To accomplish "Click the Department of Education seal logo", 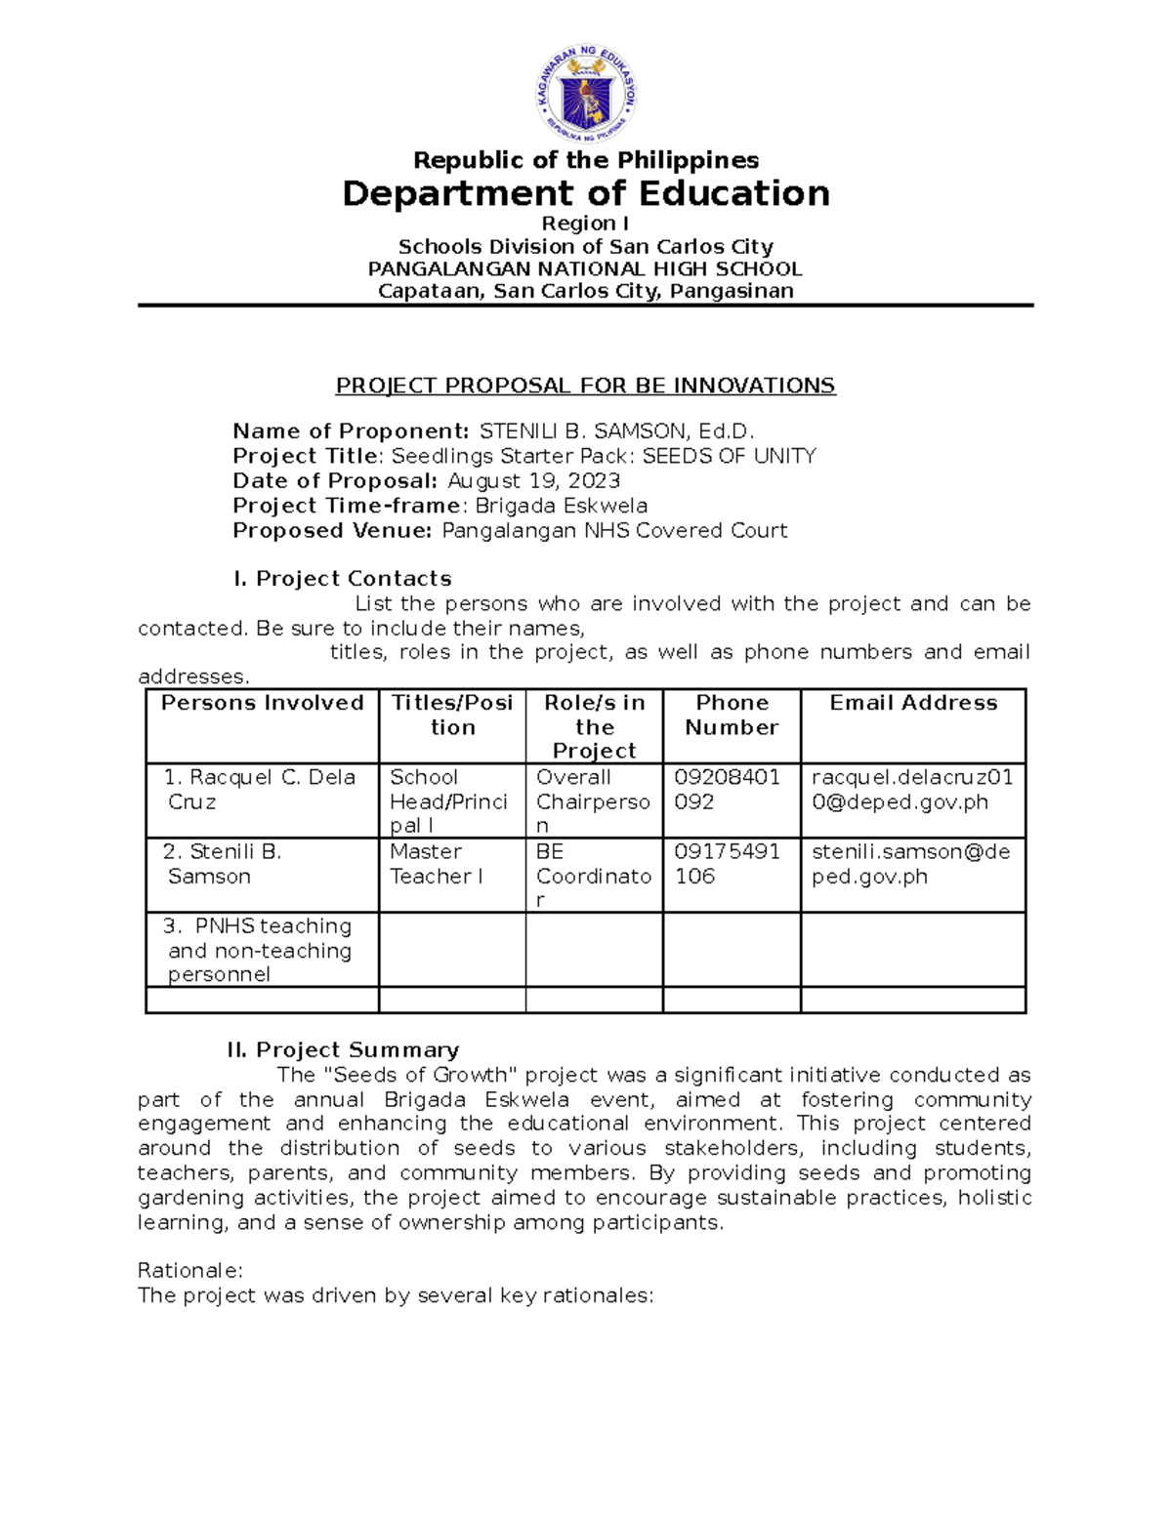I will point(586,94).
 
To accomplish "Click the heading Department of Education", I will point(586,193).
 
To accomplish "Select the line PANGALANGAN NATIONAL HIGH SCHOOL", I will point(585,268).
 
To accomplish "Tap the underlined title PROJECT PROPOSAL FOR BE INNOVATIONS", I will point(585,386).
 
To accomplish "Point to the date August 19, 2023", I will point(533,480).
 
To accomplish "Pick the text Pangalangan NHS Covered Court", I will point(614,530).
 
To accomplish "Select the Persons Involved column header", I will point(262,703).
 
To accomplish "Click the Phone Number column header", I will point(732,715).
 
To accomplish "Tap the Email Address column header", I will point(913,703).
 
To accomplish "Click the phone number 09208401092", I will point(727,790).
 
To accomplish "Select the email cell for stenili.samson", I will point(910,864).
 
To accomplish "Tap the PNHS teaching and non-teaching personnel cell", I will point(259,950).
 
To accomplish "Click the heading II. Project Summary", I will point(343,1049).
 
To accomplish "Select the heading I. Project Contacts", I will point(342,579).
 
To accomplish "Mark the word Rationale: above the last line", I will point(189,1270).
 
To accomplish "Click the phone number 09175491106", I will point(727,864).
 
